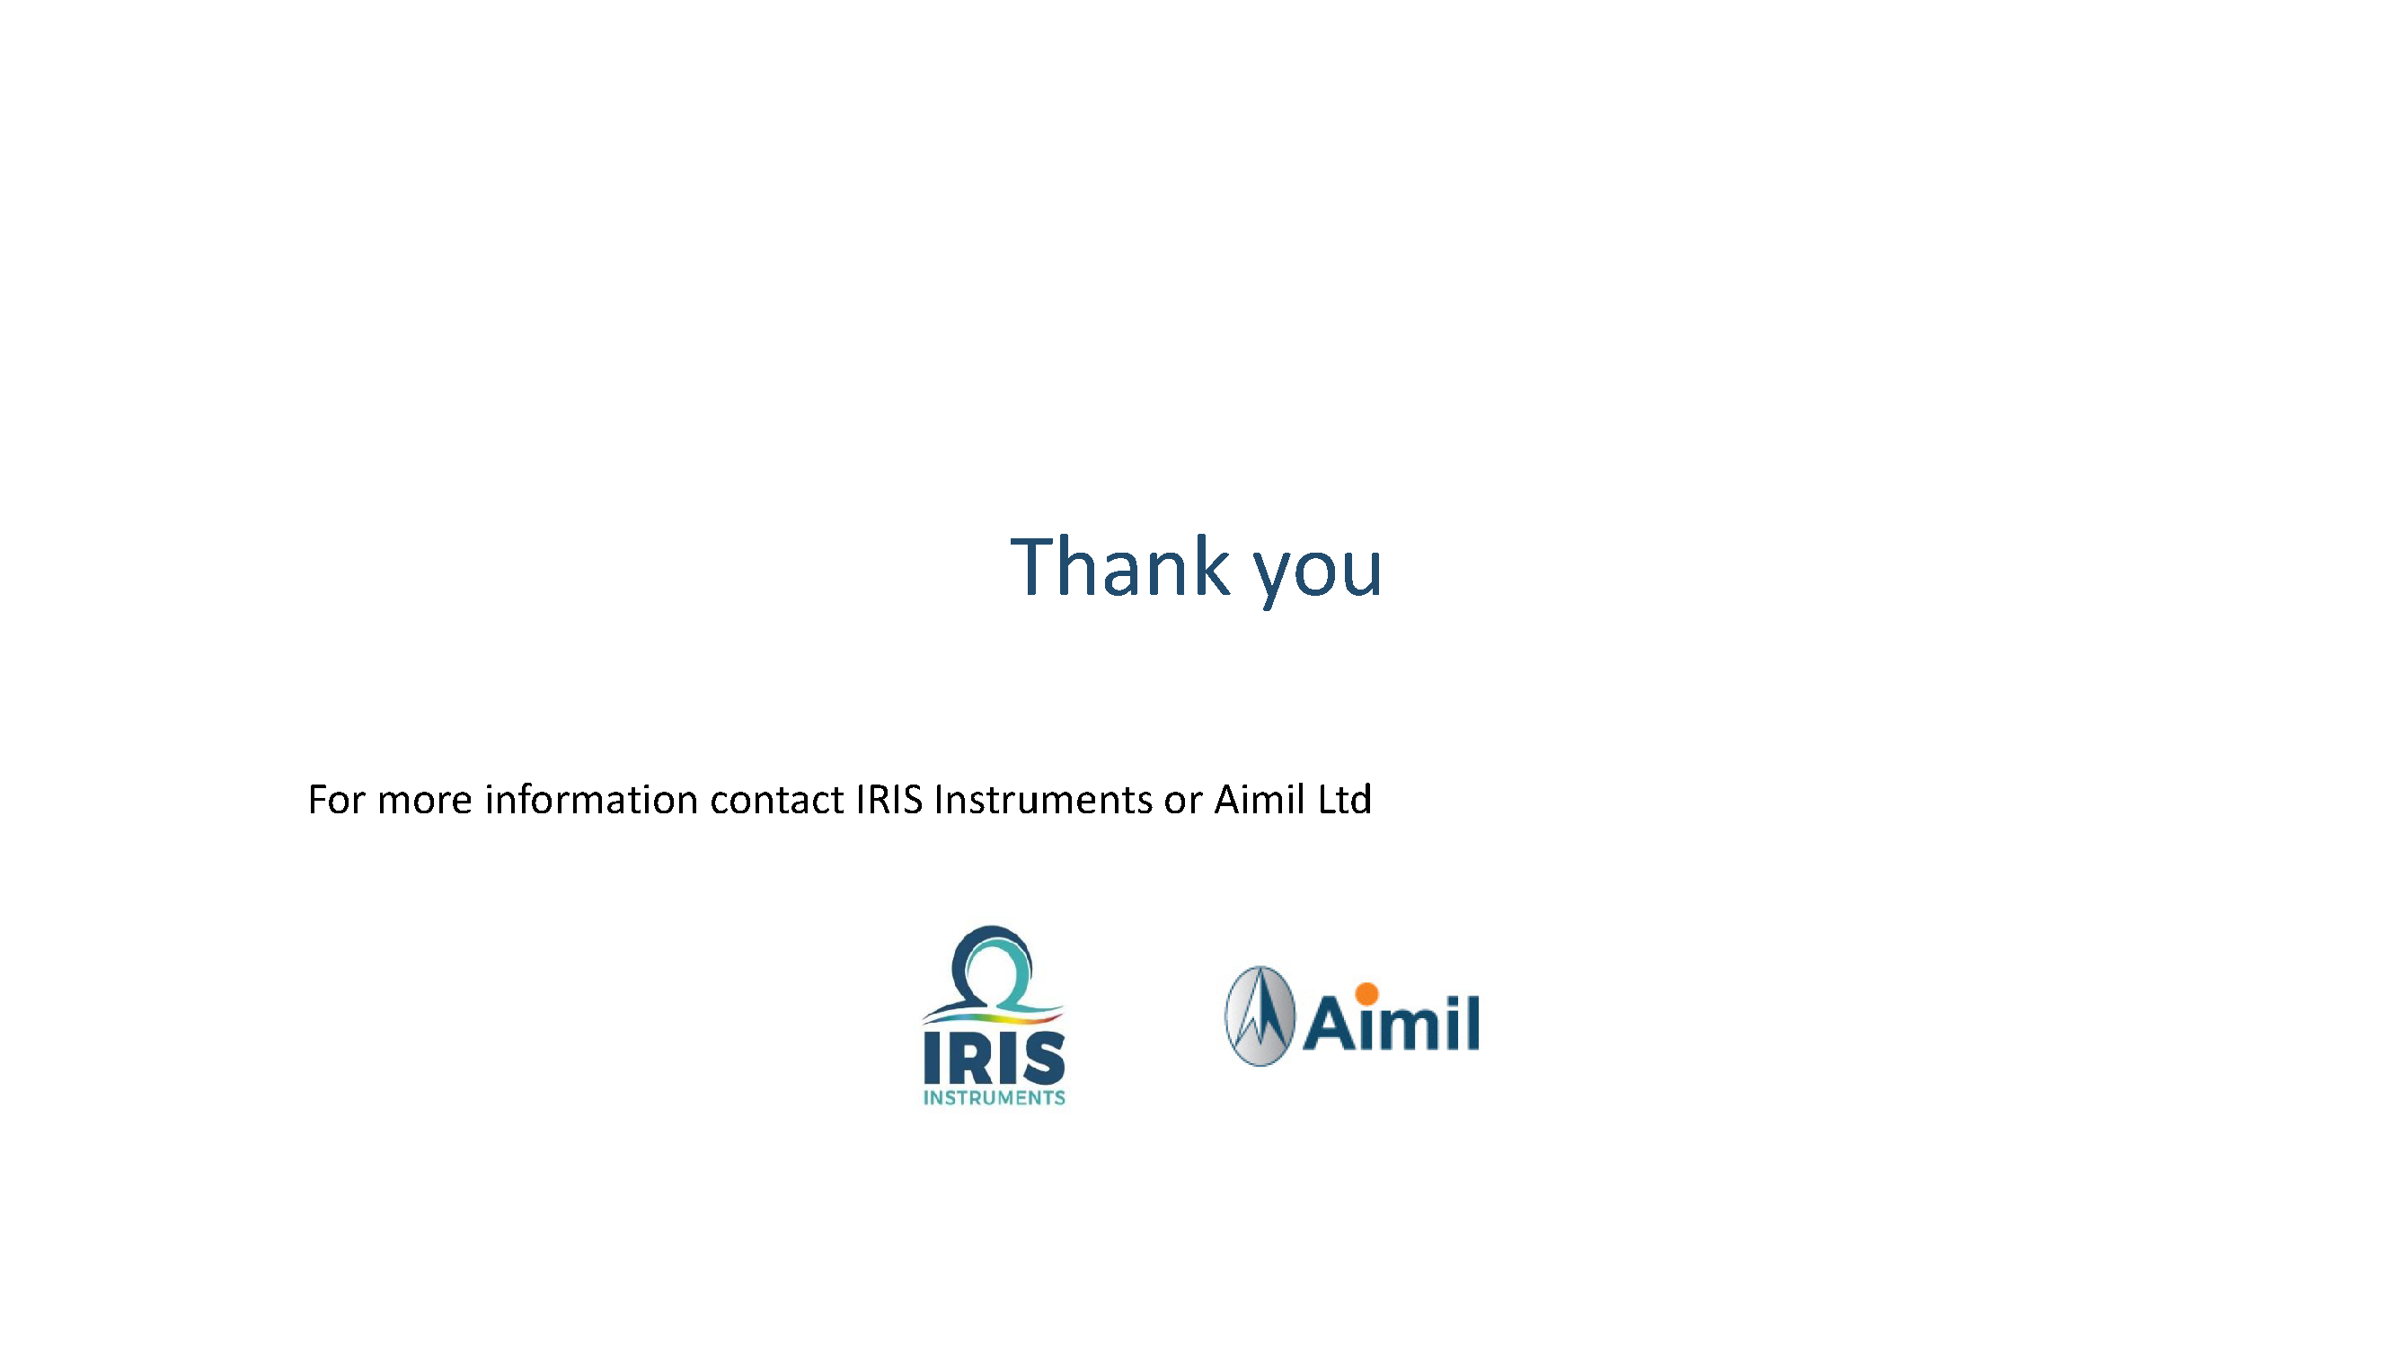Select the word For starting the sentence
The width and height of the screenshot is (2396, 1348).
(x=337, y=799)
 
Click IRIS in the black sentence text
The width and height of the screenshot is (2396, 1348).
(x=889, y=799)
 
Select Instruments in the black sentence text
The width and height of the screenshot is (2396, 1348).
(x=1044, y=799)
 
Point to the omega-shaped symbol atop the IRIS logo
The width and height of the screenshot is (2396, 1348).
(x=992, y=968)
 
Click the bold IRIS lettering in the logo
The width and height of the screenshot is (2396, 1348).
(x=994, y=1057)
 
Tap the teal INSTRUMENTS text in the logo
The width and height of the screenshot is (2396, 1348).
(x=994, y=1098)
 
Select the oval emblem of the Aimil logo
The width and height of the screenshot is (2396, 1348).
(x=1260, y=1015)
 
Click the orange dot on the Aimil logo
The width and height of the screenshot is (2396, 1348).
(x=1366, y=994)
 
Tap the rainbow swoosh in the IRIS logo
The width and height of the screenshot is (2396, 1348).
(x=994, y=1016)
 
